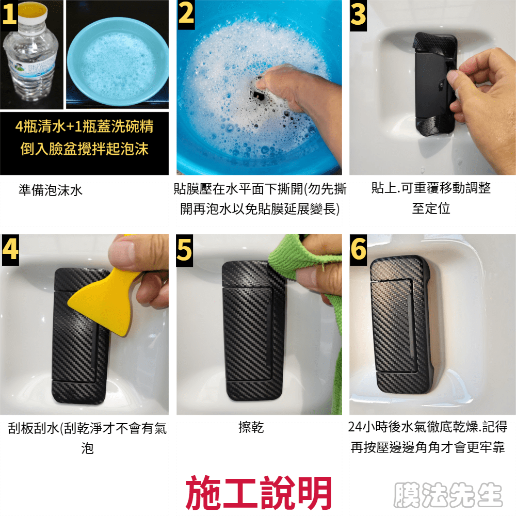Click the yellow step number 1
pyautogui.click(x=9, y=15)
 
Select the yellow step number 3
pyautogui.click(x=358, y=15)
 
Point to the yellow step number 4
pyautogui.click(x=10, y=249)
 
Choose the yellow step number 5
pyautogui.click(x=184, y=249)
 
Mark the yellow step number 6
pyautogui.click(x=358, y=249)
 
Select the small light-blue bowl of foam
pyautogui.click(x=118, y=61)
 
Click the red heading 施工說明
pyautogui.click(x=259, y=492)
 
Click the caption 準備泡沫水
pyautogui.click(x=51, y=190)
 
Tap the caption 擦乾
pyautogui.click(x=251, y=427)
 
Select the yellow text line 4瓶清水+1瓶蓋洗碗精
pyautogui.click(x=84, y=126)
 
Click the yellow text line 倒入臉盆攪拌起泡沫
pyautogui.click(x=84, y=149)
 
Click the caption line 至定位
pyautogui.click(x=431, y=208)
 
